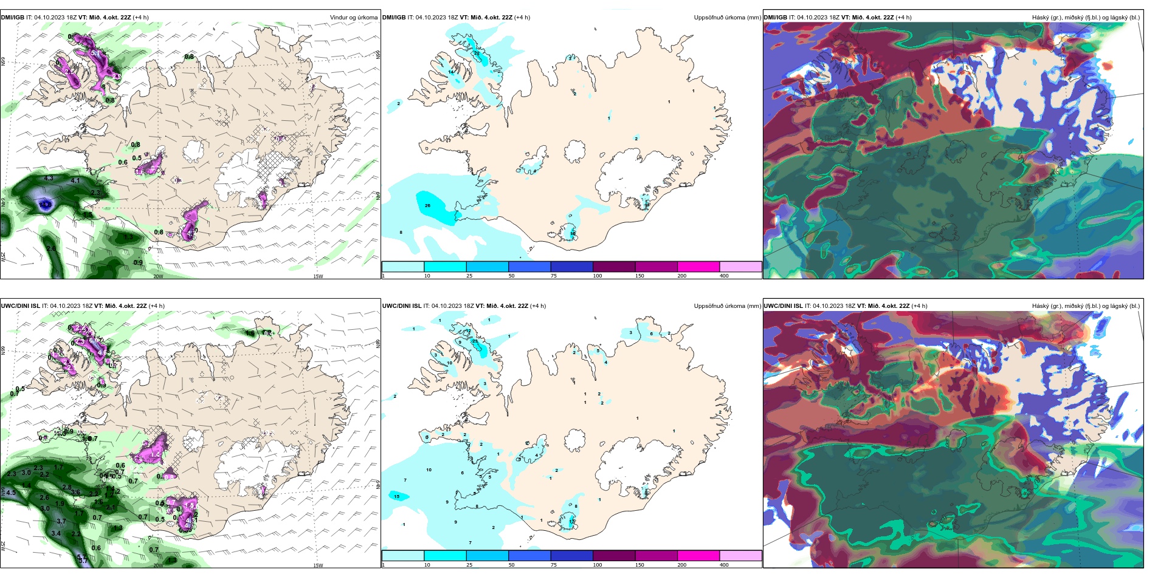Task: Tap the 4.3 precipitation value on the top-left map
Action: (49, 179)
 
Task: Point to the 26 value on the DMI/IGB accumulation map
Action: (427, 205)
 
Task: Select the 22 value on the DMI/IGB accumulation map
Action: (477, 53)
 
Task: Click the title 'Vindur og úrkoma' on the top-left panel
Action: (354, 17)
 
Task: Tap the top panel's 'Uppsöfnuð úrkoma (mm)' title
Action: (727, 17)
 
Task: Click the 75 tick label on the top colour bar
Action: (553, 276)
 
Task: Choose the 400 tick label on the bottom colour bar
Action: (724, 565)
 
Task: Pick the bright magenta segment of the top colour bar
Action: (698, 267)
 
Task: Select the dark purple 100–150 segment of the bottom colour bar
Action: (614, 556)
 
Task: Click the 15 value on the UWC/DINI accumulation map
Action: (397, 496)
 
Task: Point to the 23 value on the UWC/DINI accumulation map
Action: (475, 341)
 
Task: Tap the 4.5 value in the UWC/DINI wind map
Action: (11, 493)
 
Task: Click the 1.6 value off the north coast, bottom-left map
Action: (250, 333)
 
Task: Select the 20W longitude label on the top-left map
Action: (158, 276)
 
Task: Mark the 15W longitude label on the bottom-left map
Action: (318, 565)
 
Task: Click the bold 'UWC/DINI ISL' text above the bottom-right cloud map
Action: (783, 306)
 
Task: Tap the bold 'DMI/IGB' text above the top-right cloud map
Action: (775, 17)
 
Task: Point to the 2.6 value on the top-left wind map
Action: (51, 248)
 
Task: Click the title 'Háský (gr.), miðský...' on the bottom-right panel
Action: (1086, 306)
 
